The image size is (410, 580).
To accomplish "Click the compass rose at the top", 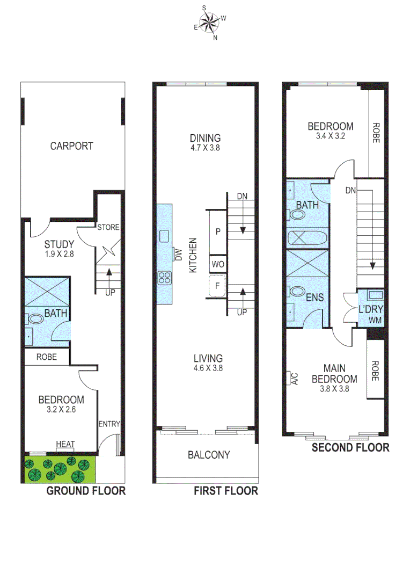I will (x=209, y=22).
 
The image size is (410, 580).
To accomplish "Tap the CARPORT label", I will (x=71, y=146).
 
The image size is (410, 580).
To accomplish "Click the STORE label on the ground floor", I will (x=108, y=228).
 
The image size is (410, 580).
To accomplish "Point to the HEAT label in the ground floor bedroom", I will (x=65, y=444).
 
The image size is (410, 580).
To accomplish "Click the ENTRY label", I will (x=109, y=424).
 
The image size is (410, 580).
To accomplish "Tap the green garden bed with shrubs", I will (x=60, y=468).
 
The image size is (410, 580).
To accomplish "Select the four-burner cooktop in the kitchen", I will (x=164, y=278).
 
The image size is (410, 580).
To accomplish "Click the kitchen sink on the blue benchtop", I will (x=164, y=236).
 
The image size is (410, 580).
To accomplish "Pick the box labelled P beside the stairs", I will (x=217, y=232).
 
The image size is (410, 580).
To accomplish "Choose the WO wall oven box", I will (x=217, y=264).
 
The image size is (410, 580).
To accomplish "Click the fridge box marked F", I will (x=217, y=286).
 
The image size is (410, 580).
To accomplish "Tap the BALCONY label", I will (x=209, y=455).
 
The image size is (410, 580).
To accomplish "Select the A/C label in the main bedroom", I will (x=292, y=379).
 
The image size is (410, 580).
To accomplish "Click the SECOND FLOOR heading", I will (x=350, y=447).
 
